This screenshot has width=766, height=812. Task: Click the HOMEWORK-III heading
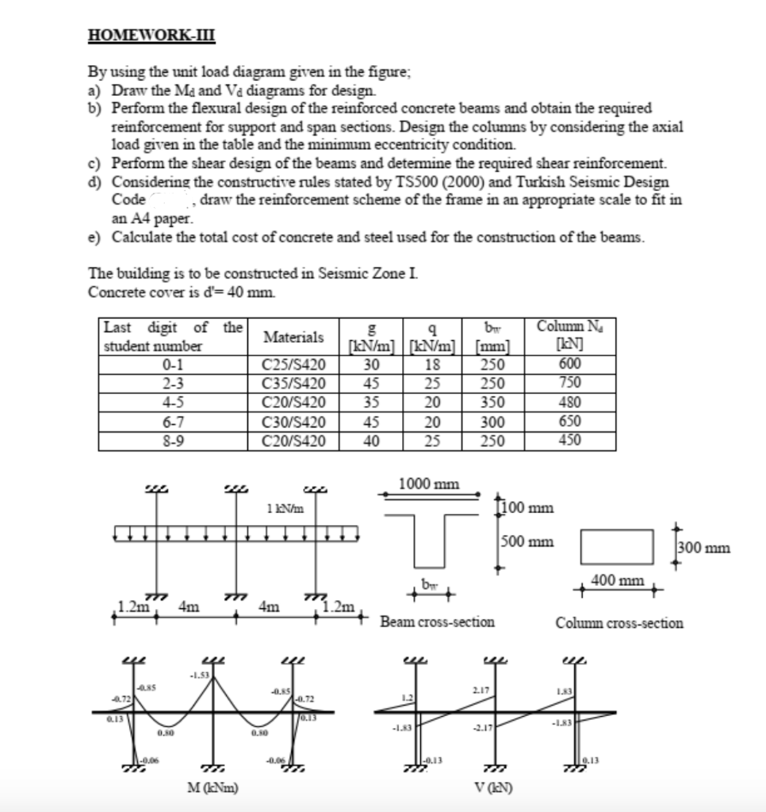150,36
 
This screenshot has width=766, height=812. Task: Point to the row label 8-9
171,440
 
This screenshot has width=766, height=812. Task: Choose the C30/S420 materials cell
293,422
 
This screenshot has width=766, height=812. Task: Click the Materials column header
293,336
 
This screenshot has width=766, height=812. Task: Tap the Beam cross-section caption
437,622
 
